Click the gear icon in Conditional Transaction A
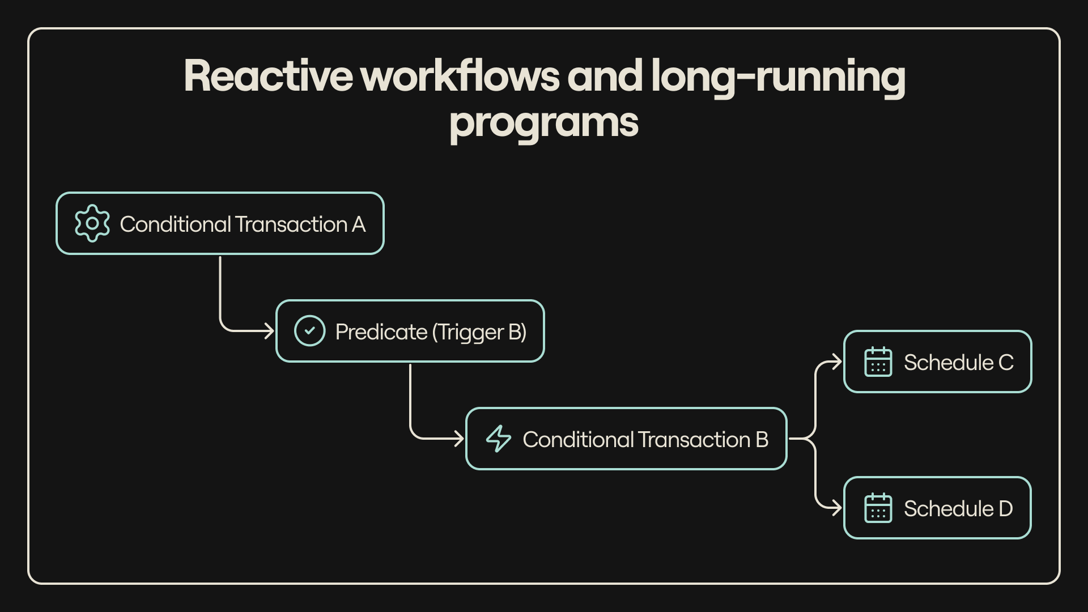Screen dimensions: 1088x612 coord(92,224)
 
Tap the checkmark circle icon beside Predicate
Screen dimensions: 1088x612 coord(309,331)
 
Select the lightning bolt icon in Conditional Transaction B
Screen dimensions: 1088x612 coord(499,439)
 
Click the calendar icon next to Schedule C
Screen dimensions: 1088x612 coord(878,362)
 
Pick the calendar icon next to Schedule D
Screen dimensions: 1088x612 coord(878,508)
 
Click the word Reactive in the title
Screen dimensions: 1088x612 coord(267,76)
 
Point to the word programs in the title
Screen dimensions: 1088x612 coord(543,122)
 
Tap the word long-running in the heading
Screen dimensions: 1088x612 coord(777,77)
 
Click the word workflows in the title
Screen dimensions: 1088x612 coord(460,76)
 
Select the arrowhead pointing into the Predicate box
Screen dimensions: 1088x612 coord(269,331)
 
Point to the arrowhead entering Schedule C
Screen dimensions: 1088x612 coord(837,362)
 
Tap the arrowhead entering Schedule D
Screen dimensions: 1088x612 coord(837,508)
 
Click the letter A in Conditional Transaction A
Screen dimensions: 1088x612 coord(359,224)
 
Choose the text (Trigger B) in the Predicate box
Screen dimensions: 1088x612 coord(479,332)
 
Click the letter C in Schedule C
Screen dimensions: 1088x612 coord(1006,363)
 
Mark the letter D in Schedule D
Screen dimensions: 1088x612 coord(1006,509)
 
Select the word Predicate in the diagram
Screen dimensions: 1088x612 coord(381,332)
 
